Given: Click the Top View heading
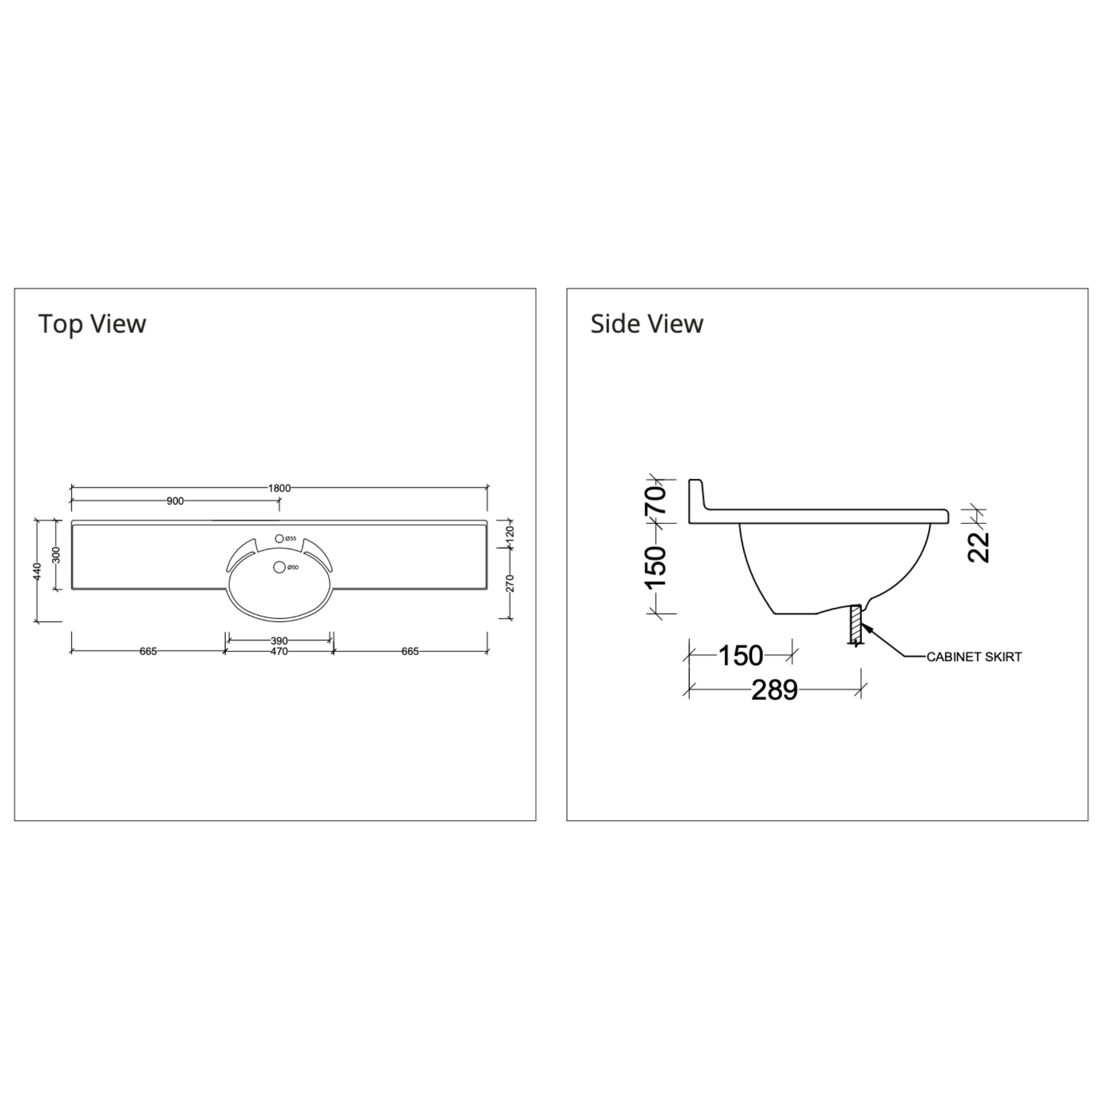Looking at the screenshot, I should [x=92, y=324].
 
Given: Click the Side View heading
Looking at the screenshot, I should [x=647, y=324].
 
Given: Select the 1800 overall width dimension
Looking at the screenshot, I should [x=279, y=488].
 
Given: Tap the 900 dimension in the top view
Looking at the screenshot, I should [x=175, y=502].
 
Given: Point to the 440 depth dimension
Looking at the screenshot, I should [x=38, y=571].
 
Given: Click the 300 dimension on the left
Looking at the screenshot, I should [x=56, y=555].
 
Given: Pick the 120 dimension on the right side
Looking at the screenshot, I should [x=511, y=534].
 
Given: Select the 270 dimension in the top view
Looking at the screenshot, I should [x=511, y=583].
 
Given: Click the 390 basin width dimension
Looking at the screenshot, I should [x=279, y=640].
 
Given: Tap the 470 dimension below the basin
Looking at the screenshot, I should [x=279, y=651].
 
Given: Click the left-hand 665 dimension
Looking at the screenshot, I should [x=148, y=651].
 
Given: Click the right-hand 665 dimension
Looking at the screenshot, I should [x=410, y=651].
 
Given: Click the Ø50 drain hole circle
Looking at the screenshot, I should [x=279, y=568].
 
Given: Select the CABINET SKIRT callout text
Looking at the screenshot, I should [x=973, y=657].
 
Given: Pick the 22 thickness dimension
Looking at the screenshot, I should [x=979, y=547].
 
